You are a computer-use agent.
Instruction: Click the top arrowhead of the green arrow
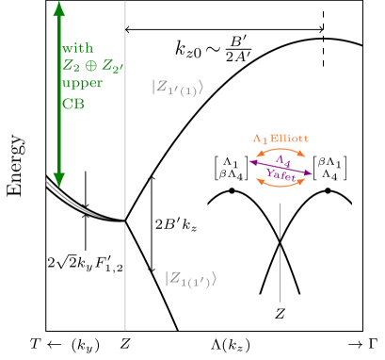tap(59, 8)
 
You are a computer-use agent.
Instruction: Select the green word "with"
tap(77, 48)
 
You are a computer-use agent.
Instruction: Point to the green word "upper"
tap(79, 84)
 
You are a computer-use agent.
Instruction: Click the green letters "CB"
tap(72, 103)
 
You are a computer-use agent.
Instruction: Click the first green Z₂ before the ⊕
tap(71, 66)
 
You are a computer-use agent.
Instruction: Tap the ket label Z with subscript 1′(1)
tap(177, 89)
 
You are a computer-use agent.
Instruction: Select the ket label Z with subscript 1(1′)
tap(190, 278)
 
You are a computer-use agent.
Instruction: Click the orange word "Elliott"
tap(290, 138)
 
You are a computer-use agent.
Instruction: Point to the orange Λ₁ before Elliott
tap(259, 138)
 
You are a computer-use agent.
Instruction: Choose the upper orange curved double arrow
tap(281, 150)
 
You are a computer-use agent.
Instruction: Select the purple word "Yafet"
tap(279, 174)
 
